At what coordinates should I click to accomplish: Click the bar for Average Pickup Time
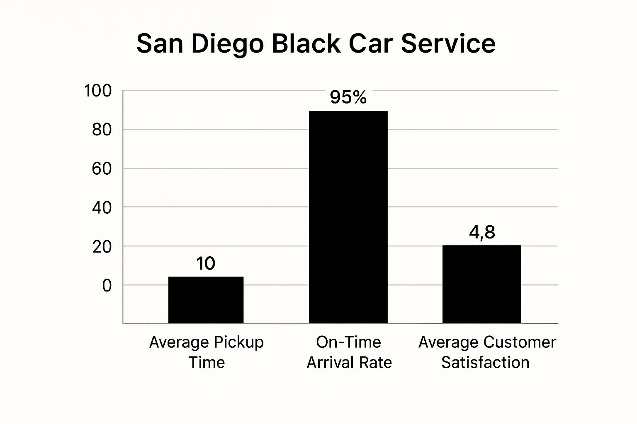point(206,300)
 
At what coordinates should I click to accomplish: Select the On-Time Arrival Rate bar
point(348,217)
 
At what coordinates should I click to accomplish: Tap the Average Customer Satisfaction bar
point(482,284)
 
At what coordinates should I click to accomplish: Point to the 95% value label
point(348,97)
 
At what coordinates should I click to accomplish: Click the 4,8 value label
point(482,233)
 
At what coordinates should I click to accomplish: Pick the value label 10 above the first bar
point(206,263)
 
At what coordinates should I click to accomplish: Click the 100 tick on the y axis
point(98,91)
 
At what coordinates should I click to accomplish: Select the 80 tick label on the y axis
point(102,130)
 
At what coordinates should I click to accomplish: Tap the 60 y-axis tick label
point(102,169)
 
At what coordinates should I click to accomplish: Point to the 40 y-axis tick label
point(102,208)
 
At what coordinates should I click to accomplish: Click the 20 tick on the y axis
point(102,247)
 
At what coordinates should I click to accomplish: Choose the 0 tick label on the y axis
point(107,286)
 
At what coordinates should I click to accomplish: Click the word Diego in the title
point(228,44)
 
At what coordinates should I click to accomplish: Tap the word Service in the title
point(448,44)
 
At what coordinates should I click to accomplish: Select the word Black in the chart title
point(306,44)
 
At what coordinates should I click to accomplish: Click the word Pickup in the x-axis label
point(239,342)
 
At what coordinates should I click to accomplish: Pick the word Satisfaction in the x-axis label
point(485,363)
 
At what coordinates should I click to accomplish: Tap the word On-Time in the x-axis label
point(348,342)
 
